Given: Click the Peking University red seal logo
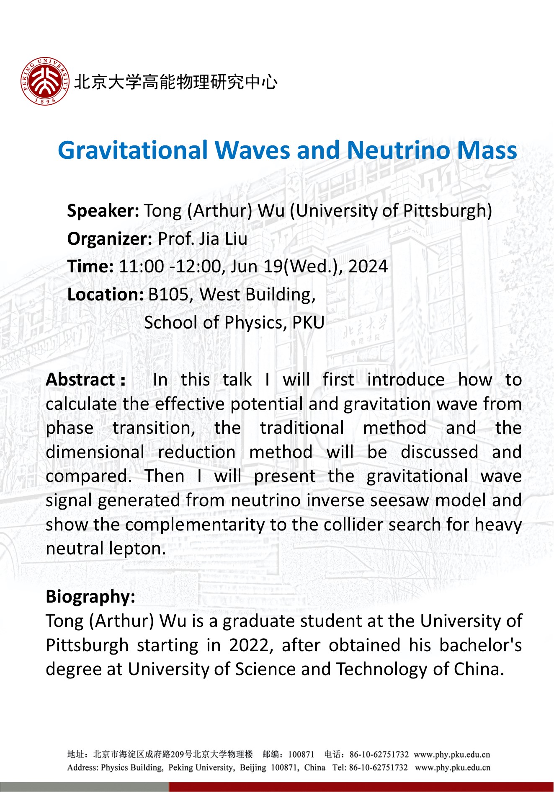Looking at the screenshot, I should tap(45, 81).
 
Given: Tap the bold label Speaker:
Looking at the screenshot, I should tap(103, 210).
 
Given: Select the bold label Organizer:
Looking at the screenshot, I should tap(110, 238).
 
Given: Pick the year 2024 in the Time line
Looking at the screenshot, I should tap(368, 267).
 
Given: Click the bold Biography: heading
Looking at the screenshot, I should tap(90, 597).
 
